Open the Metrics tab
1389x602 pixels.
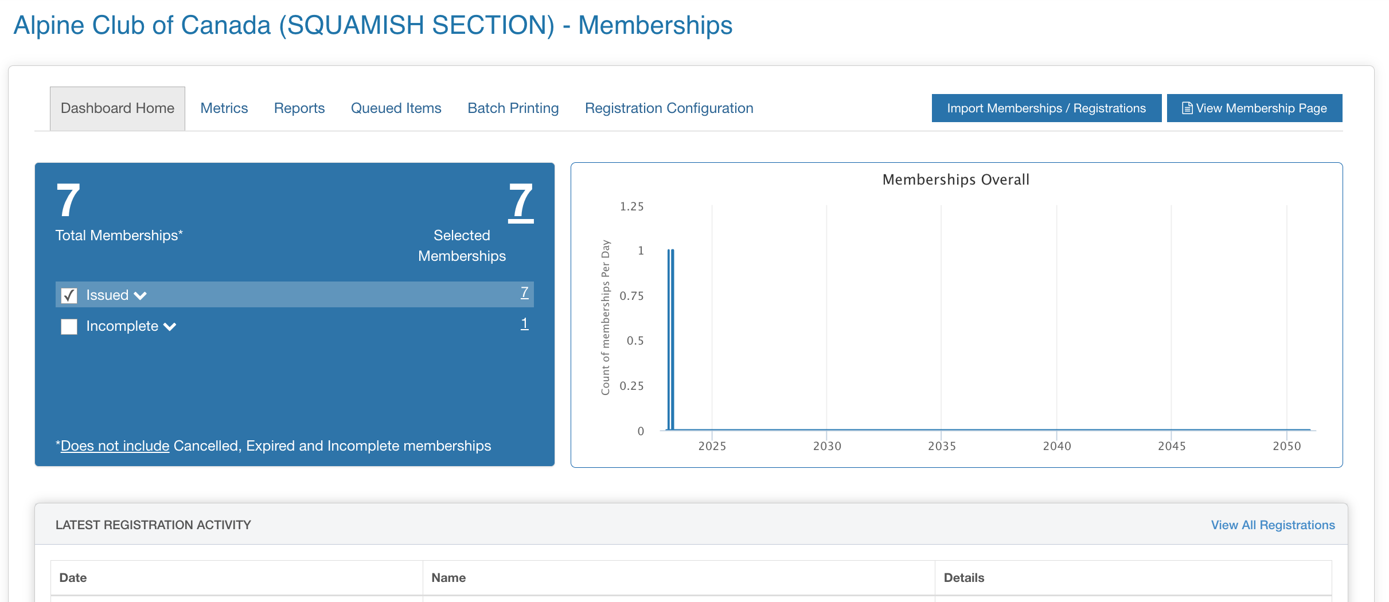point(224,108)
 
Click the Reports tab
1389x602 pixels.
point(299,108)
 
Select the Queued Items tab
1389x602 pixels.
point(396,108)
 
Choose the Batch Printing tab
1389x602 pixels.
point(513,108)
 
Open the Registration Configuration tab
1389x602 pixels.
point(669,108)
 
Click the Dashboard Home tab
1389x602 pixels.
point(118,108)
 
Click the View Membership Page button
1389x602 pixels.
point(1254,108)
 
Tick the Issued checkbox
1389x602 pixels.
point(69,295)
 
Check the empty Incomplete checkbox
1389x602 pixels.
point(69,327)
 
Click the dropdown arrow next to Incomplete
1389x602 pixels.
point(170,327)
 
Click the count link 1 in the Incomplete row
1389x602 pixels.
point(524,324)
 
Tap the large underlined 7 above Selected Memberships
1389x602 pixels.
point(521,201)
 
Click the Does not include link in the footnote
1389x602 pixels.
point(115,445)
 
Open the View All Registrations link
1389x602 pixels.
point(1273,525)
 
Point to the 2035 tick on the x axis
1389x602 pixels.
point(942,446)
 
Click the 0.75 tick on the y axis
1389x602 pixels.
point(631,296)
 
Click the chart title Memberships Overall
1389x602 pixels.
point(956,179)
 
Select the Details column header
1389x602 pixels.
point(964,578)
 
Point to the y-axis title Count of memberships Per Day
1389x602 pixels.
point(606,318)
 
